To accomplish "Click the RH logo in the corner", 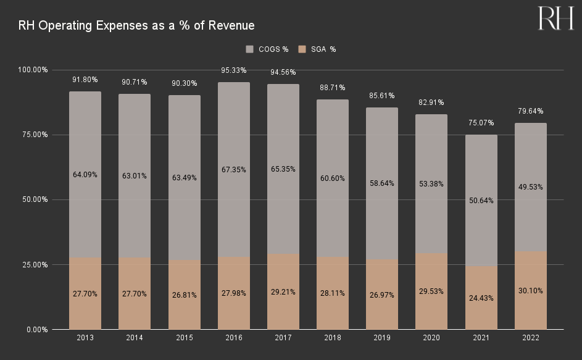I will (556, 19).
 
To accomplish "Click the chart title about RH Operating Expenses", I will (136, 25).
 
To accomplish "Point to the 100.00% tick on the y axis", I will (31, 70).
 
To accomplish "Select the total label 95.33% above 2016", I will (233, 70).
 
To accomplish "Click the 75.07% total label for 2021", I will (481, 123).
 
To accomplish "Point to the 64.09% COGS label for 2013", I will (85, 175).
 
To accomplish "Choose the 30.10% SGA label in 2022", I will (530, 291).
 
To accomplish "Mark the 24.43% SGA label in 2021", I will (481, 298).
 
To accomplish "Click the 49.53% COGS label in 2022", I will (530, 187).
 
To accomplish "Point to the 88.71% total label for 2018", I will (333, 88).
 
